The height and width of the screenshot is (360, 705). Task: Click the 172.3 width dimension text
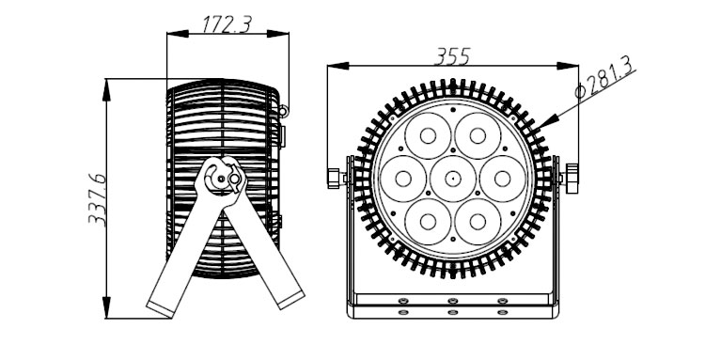click(x=227, y=23)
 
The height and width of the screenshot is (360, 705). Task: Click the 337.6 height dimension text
click(x=98, y=199)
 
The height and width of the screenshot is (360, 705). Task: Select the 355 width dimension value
click(x=452, y=56)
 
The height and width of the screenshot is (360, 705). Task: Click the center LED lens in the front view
click(x=453, y=179)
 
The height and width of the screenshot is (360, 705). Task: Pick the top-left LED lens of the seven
click(x=428, y=135)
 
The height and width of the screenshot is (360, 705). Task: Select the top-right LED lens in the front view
click(x=478, y=135)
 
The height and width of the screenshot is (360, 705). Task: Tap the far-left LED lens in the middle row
click(x=403, y=179)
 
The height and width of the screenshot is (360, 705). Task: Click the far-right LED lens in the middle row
click(x=503, y=179)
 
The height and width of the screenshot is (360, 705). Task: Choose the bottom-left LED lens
click(x=428, y=222)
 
